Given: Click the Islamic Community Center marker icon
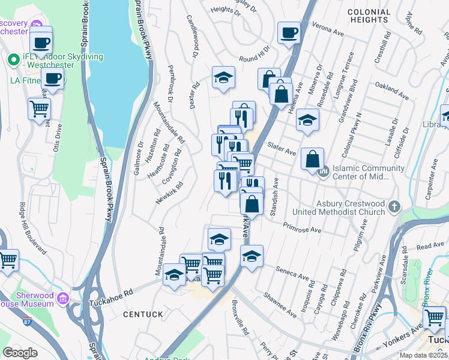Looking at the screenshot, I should click(323, 173).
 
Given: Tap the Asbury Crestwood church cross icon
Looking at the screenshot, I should click(394, 206).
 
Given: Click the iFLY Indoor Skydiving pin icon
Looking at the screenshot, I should click(13, 60).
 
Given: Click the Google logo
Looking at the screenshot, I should click(20, 353).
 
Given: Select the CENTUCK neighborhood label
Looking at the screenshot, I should click(143, 314).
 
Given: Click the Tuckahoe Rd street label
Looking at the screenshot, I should click(112, 295).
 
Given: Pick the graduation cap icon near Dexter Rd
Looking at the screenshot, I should click(223, 77).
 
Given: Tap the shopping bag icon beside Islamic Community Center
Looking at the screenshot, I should click(312, 160).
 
